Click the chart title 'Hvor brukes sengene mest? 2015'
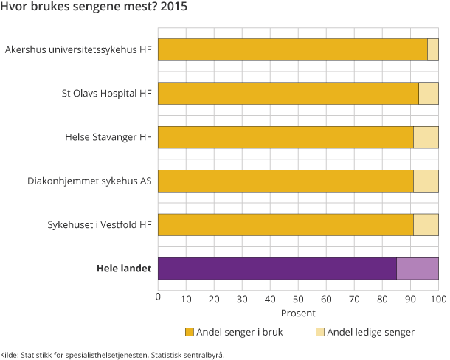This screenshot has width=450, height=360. (94, 9)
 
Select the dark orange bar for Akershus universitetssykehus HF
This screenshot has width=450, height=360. (293, 50)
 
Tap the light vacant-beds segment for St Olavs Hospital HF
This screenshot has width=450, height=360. (429, 94)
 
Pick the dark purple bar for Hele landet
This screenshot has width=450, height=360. (277, 269)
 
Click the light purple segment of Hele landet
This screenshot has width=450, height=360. (418, 269)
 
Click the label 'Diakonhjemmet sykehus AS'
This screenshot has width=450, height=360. (89, 181)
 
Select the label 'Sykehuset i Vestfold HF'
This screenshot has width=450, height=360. (97, 225)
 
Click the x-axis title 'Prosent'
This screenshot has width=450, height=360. (298, 312)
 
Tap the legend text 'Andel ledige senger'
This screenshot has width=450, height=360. (371, 332)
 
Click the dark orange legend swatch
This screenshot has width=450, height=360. (189, 332)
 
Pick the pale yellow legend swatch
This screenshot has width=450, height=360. (319, 332)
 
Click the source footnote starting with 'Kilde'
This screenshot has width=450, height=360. (112, 354)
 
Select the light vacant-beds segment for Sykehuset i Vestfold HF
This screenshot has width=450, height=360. (426, 225)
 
